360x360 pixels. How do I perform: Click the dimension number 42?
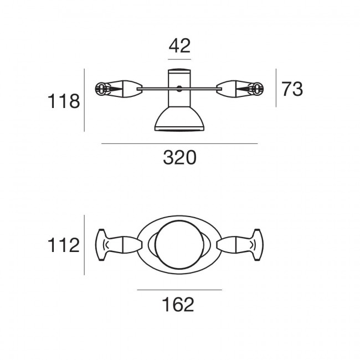(x=179, y=46)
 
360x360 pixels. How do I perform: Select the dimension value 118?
(x=64, y=101)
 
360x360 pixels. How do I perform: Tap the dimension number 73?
(x=292, y=89)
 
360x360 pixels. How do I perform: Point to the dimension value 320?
(x=180, y=157)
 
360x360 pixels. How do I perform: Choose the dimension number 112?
(x=63, y=245)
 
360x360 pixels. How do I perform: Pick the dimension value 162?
(x=178, y=305)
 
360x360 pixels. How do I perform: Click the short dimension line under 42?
(x=179, y=59)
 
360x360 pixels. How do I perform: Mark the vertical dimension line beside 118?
(x=84, y=100)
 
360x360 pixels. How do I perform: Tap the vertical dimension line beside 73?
(x=276, y=88)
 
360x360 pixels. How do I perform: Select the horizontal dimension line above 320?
(x=179, y=144)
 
